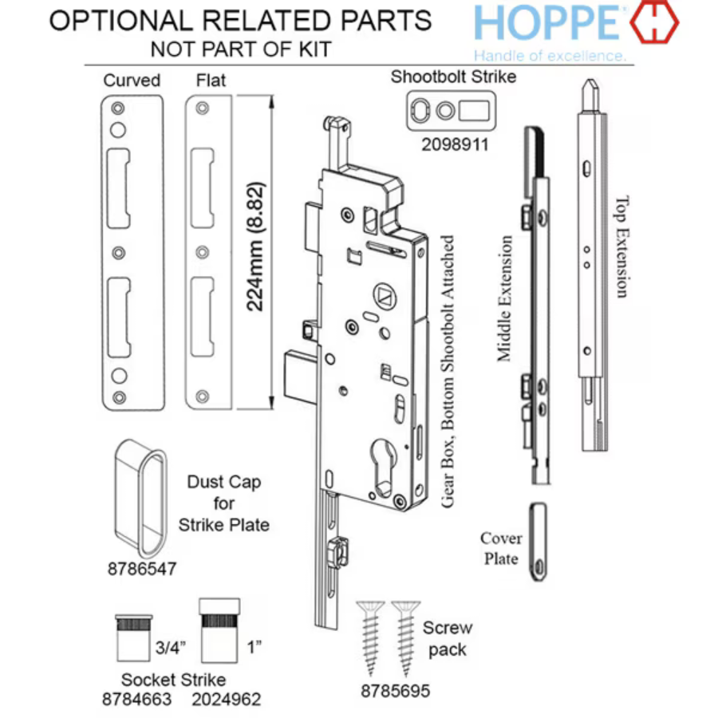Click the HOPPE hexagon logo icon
point(654,23)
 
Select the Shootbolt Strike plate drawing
point(452,110)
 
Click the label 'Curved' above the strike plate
point(132,81)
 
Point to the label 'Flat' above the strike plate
point(211,81)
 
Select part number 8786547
point(141,570)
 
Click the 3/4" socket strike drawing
point(133,637)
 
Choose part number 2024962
point(227,700)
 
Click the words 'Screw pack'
point(447,638)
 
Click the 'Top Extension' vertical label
point(621,247)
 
